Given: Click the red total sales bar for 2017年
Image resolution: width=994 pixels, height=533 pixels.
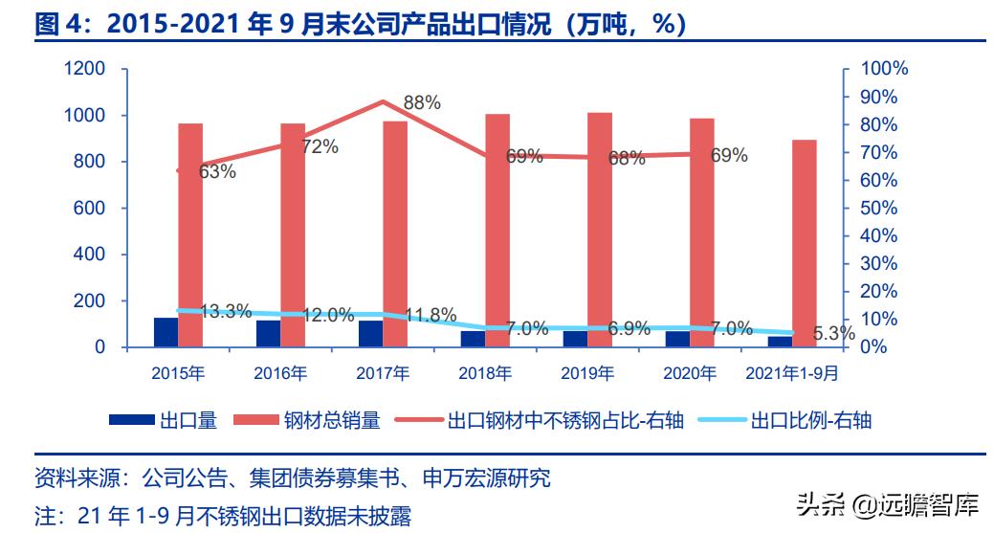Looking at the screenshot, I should point(395,233).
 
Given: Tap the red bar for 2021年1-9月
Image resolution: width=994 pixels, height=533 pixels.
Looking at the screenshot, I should point(805,243).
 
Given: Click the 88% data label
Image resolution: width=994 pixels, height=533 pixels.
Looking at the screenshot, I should point(422,103).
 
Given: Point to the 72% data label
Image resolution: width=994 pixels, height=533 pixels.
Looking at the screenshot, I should point(320,146).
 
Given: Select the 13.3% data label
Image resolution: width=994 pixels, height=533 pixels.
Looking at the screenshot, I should point(226,311).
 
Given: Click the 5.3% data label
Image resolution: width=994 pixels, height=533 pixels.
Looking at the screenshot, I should point(833,334).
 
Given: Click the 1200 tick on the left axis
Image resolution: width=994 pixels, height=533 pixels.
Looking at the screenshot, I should point(85,70).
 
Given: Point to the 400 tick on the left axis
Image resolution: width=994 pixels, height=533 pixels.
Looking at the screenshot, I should point(90,255).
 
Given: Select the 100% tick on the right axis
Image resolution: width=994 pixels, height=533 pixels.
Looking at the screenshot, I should point(884,70).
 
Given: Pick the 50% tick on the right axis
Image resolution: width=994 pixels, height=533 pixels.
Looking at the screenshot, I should point(879,209).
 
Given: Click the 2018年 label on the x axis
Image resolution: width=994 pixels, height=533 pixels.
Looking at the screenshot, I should point(484,373).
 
